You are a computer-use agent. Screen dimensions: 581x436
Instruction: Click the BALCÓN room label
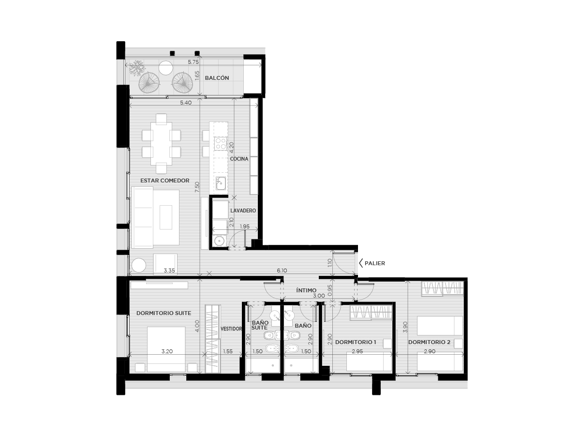coord(217,78)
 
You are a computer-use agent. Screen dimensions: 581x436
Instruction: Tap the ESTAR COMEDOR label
coord(164,180)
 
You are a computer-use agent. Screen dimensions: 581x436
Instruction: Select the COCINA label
coord(239,159)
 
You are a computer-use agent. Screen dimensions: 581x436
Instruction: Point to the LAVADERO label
coord(243,210)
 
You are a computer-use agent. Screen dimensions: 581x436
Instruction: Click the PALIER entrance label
coord(375,263)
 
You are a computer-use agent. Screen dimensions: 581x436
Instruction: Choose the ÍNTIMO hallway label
coord(306,290)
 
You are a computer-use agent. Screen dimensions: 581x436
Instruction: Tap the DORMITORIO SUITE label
coord(164,313)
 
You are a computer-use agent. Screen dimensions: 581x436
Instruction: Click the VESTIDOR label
coord(231,329)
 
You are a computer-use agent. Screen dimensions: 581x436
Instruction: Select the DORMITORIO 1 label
coord(356,342)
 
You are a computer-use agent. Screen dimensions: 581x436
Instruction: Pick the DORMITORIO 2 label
coord(429,342)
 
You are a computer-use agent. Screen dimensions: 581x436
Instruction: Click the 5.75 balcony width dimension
coord(193,62)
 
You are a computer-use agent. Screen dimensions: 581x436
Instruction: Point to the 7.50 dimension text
coord(197,187)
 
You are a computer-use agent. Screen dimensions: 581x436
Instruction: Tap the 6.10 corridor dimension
coord(282,271)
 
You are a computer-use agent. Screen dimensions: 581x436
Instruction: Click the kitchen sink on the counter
coord(221,183)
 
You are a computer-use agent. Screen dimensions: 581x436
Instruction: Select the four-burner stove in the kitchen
coord(221,143)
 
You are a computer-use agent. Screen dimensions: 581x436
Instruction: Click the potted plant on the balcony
coord(137,68)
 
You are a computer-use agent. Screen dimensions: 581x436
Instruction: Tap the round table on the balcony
coord(166,68)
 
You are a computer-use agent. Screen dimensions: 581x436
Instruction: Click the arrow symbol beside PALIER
coord(360,263)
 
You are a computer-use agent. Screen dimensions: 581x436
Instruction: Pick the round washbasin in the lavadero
coord(219,241)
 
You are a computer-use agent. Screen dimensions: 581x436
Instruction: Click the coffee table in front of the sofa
coord(166,217)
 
